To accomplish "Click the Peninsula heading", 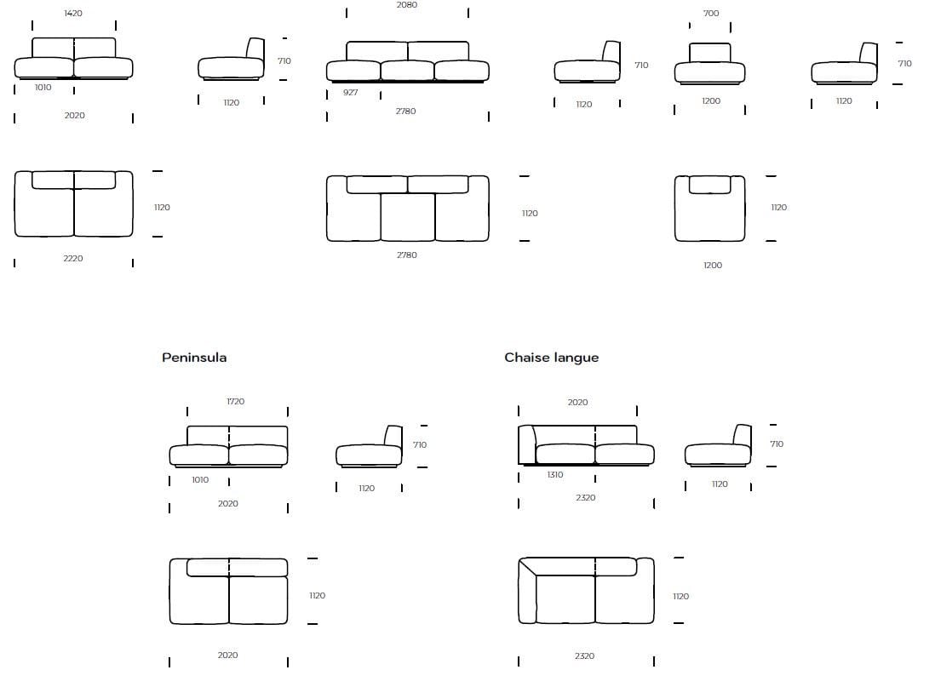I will coord(194,358).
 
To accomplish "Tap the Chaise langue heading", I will coord(551,358).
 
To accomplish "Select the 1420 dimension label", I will coord(73,14).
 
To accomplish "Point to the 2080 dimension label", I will coord(407,5).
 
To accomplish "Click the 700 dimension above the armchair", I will coord(711,14).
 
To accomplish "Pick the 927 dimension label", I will coord(351,92).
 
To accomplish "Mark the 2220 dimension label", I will coord(73,258).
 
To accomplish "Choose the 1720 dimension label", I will coord(236,402).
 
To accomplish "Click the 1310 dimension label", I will coord(555,475).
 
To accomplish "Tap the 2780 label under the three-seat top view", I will coord(407,255).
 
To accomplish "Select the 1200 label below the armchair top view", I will coord(713,266).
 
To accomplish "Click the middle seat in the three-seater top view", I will coord(408,217).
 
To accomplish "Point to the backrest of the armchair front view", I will coord(710,53).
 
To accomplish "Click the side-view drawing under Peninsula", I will coord(369,449).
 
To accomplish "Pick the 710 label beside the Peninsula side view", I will coord(420,445).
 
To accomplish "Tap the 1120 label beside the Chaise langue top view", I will coord(680,597).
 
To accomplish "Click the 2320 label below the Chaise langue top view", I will coord(584,656).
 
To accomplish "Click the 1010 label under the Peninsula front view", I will coord(200,480).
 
